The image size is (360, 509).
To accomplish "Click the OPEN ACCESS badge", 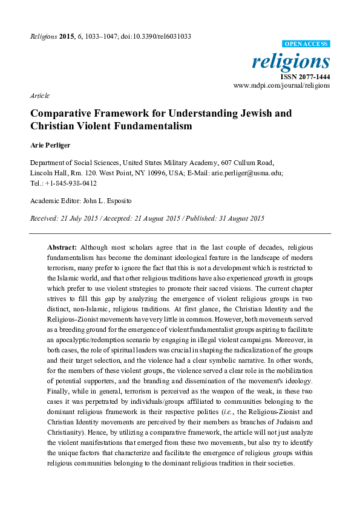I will pyautogui.click(x=307, y=44).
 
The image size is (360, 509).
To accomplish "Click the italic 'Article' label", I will pyautogui.click(x=39, y=96).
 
